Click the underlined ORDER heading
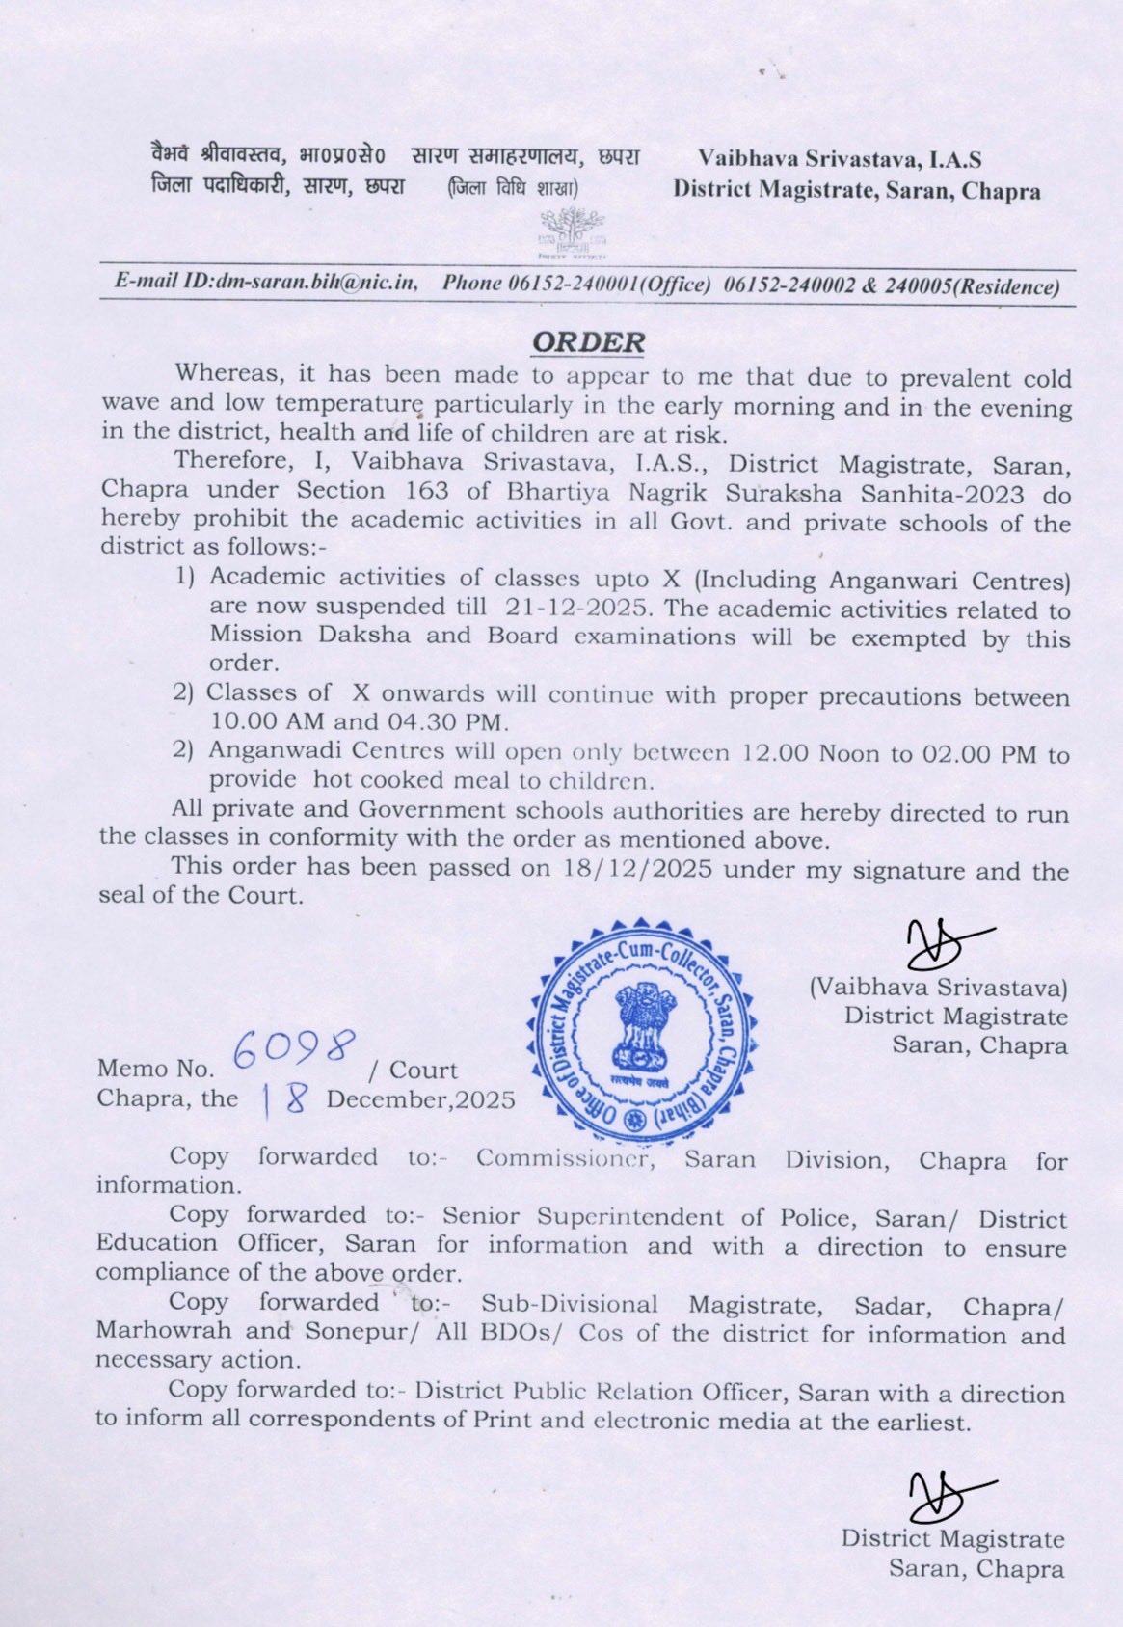(589, 341)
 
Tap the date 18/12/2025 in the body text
(637, 868)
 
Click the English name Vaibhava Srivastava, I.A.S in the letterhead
(840, 159)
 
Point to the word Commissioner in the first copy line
(565, 1158)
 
